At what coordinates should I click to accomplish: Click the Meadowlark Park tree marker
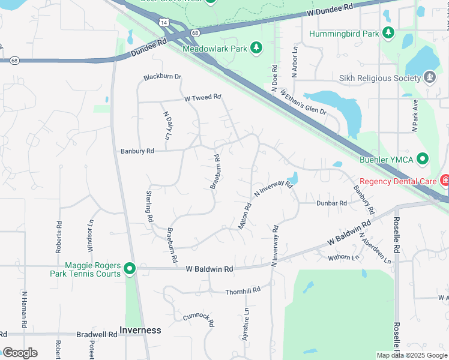(256, 47)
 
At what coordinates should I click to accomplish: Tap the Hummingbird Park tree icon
(388, 33)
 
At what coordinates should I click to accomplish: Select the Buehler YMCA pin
(424, 159)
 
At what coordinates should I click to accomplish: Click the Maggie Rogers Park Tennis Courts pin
(129, 269)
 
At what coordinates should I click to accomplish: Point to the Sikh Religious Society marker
(429, 78)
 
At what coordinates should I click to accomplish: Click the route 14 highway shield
(164, 22)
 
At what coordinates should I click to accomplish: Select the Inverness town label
(140, 330)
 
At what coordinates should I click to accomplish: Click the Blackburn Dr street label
(162, 77)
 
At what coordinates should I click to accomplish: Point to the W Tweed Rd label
(203, 97)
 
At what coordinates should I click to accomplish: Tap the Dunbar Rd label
(332, 203)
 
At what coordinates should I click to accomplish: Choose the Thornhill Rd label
(243, 290)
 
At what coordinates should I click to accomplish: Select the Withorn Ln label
(343, 258)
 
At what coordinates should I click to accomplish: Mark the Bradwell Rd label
(97, 334)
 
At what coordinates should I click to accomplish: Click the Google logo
(20, 353)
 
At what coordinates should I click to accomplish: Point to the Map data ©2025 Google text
(411, 355)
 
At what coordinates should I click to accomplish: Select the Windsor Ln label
(91, 230)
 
